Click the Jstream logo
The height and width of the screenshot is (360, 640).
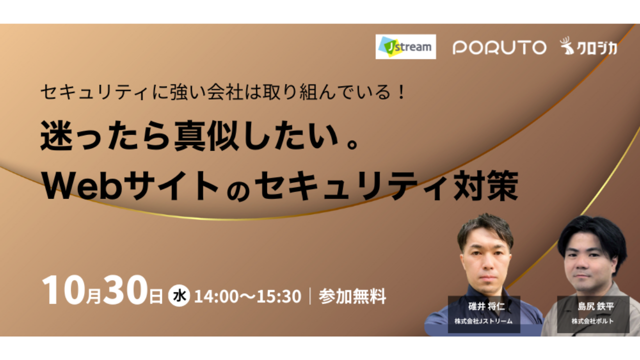(x=405, y=46)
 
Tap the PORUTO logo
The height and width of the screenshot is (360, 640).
(x=499, y=47)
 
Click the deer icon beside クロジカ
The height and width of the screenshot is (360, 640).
(x=567, y=45)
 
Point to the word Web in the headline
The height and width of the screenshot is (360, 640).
(x=82, y=186)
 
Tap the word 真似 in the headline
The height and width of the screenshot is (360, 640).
(x=207, y=136)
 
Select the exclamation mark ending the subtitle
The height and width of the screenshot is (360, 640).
(x=401, y=92)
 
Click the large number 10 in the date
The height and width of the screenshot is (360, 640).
(x=63, y=290)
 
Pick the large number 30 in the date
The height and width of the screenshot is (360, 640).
(x=125, y=289)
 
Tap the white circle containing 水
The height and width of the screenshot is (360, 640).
(x=179, y=295)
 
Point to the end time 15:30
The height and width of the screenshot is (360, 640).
(x=279, y=296)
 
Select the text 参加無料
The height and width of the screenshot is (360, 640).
(x=352, y=296)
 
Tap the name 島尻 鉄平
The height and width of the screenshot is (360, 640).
(x=595, y=306)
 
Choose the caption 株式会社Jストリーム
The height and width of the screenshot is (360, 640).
(x=483, y=321)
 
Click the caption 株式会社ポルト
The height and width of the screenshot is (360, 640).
(x=592, y=321)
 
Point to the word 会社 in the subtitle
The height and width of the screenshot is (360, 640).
(x=225, y=92)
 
